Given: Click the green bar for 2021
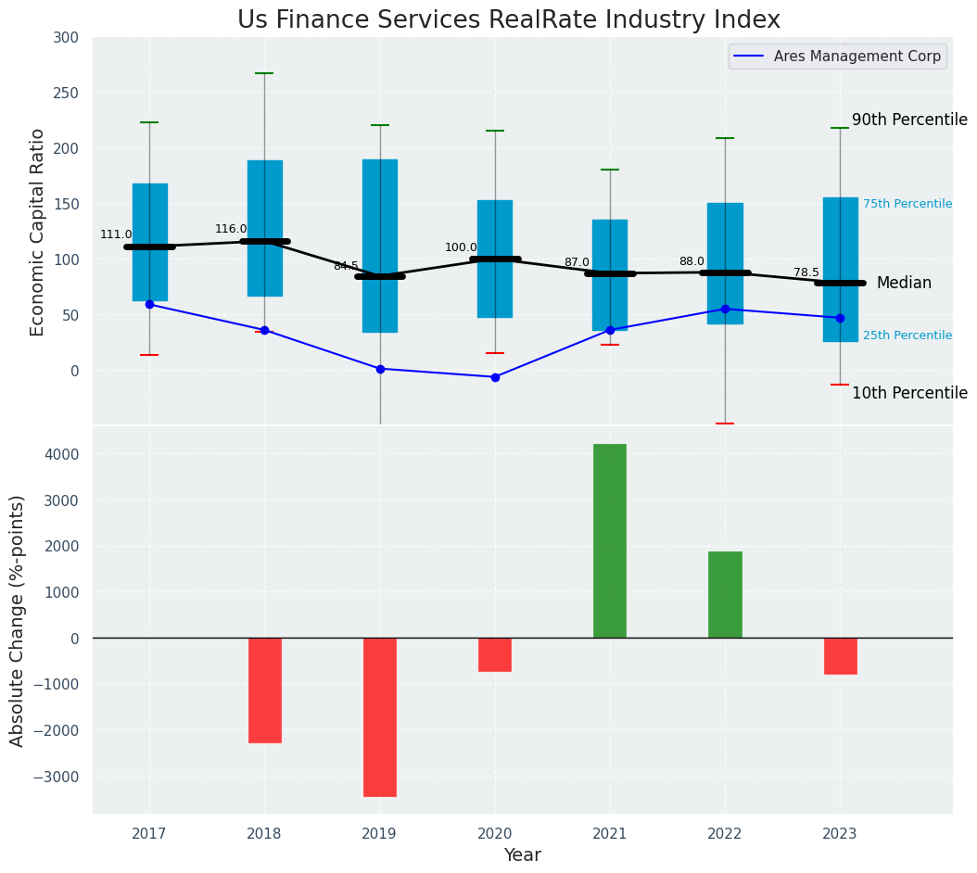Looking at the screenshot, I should point(610,541).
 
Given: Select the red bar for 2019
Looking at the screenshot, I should point(380,716).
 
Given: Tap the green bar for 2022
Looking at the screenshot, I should point(725,594).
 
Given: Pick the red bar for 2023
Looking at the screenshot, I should point(840,656).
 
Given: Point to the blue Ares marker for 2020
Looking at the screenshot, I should point(495,377).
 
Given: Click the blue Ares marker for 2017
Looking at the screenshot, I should point(149,304).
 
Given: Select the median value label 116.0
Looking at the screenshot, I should point(231,229).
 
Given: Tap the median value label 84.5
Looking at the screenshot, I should point(346,266).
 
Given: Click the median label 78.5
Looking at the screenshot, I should point(806,272).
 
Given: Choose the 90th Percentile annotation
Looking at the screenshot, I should point(909,120).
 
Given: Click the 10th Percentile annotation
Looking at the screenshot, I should point(909,393).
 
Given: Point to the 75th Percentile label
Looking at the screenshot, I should point(907,204).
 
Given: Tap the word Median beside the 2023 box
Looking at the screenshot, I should point(904,283).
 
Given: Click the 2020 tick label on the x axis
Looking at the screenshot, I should point(495,834).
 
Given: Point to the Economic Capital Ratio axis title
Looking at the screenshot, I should point(37,232).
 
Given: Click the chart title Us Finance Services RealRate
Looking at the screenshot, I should point(508,20).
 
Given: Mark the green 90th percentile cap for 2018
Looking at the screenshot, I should point(264,73).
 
